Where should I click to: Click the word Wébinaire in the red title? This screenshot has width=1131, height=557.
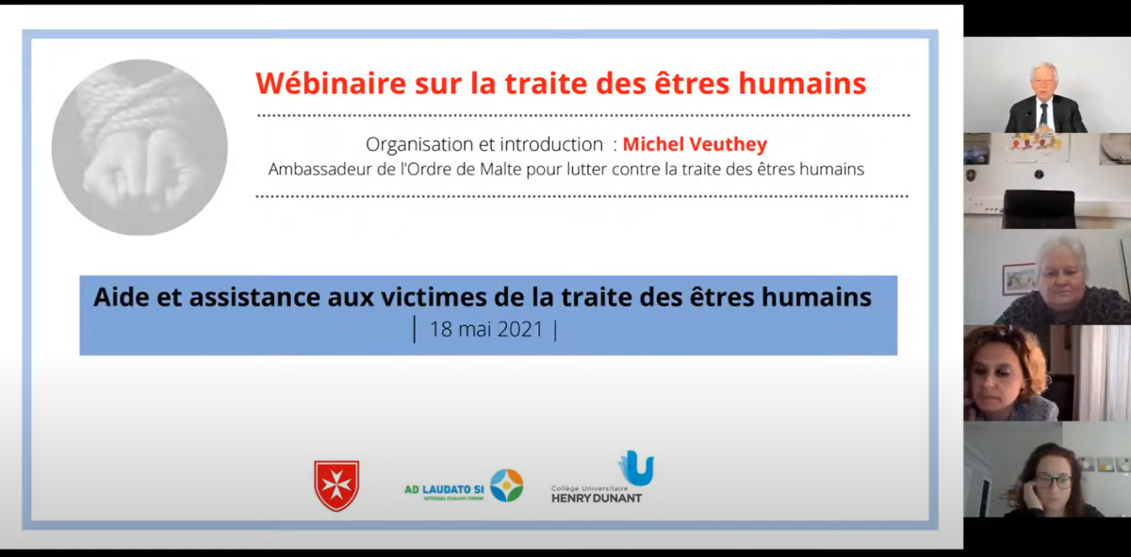click(x=331, y=83)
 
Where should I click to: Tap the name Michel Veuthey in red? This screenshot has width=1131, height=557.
click(x=695, y=145)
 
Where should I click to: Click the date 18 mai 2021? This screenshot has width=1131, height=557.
click(x=485, y=329)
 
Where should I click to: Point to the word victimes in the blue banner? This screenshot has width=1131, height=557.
click(x=434, y=297)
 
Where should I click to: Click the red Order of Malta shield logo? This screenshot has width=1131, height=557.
click(x=336, y=485)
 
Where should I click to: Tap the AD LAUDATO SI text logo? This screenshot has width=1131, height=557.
click(x=444, y=489)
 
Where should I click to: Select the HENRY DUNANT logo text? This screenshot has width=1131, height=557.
click(x=597, y=499)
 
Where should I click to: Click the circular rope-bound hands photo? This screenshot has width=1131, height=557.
click(x=139, y=147)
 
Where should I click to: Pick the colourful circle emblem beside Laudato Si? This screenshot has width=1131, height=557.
click(x=507, y=485)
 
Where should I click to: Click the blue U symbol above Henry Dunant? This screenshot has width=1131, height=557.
click(x=636, y=467)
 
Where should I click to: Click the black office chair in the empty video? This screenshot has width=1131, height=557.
click(x=1039, y=208)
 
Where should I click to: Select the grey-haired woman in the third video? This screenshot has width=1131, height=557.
click(x=1063, y=281)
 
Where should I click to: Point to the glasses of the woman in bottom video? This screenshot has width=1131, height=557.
click(x=1055, y=482)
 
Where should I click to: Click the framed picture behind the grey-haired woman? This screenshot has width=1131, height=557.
click(x=1018, y=279)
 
